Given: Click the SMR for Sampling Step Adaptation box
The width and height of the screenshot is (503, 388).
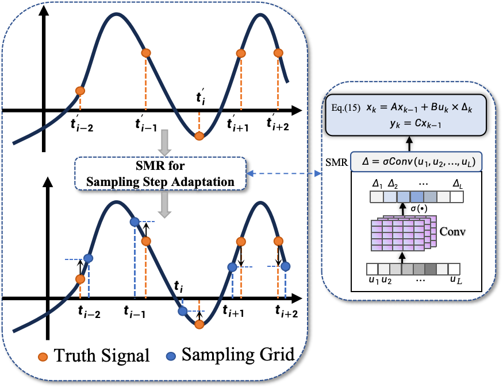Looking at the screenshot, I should (160, 173).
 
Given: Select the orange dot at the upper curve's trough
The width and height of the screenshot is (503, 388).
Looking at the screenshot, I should (199, 136).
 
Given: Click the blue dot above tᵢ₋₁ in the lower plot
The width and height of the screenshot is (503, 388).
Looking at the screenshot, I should (135, 222).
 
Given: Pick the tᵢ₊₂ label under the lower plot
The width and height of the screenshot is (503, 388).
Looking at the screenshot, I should (286, 312).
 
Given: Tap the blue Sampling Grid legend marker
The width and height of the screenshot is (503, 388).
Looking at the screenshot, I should (170, 355).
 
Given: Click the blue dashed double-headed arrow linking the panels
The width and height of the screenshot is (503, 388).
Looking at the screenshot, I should (285, 173).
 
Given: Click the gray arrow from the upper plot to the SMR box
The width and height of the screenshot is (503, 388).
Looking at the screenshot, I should (164, 142).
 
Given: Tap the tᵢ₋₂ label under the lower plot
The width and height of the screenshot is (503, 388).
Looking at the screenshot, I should (89, 312).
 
